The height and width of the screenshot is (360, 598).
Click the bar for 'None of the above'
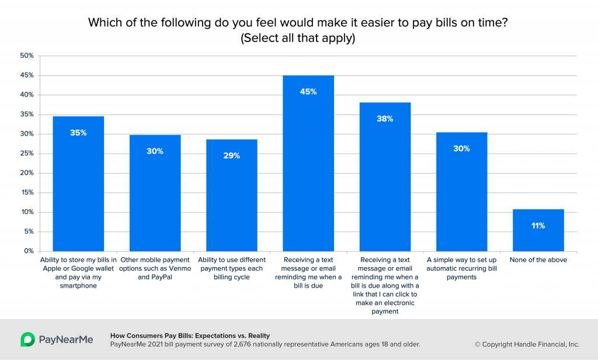(x=538, y=230)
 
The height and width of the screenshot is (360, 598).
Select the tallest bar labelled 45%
(x=308, y=164)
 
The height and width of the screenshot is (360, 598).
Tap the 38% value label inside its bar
(x=385, y=119)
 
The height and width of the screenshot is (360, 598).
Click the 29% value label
(x=231, y=155)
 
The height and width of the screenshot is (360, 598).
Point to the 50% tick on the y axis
(x=27, y=56)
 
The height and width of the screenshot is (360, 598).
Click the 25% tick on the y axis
(x=27, y=154)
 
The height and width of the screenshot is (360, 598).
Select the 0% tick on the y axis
(x=29, y=251)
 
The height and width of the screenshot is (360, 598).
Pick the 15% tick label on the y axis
(x=27, y=193)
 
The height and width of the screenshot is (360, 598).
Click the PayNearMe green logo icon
(x=27, y=340)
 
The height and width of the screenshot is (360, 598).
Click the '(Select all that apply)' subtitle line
(x=298, y=39)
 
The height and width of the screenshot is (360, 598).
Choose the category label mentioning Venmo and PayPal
(x=155, y=268)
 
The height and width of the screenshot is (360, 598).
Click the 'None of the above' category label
(x=538, y=260)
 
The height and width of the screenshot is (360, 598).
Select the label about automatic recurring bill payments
(x=461, y=268)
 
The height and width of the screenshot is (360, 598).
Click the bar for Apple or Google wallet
(x=78, y=184)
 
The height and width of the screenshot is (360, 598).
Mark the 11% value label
(x=538, y=226)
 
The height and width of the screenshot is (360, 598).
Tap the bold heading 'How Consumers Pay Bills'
(x=190, y=335)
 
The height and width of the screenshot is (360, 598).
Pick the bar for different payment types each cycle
(x=231, y=196)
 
